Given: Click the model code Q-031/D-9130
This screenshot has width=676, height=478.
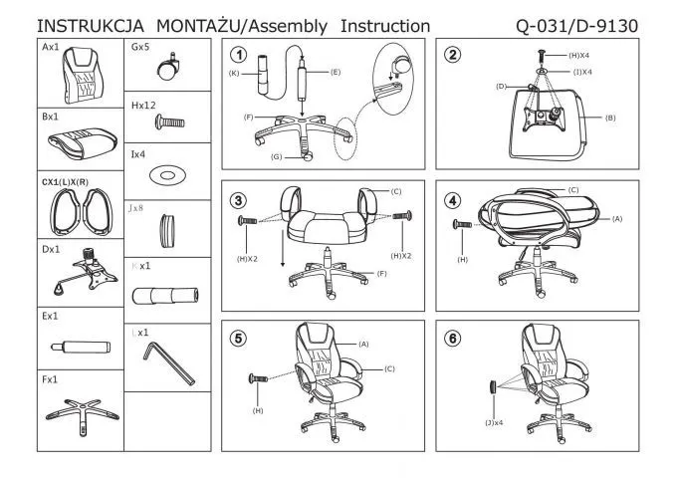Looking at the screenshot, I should (577, 24).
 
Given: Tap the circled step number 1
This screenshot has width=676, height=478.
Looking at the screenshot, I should (238, 55).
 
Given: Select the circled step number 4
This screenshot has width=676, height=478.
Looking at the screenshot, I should (454, 199).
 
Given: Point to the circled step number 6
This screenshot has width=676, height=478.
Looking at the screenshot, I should (454, 339).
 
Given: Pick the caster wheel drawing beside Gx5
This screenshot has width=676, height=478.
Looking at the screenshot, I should (166, 68).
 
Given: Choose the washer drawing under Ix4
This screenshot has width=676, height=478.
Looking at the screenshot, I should (166, 176).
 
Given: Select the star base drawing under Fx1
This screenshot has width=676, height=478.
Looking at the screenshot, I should (80, 412).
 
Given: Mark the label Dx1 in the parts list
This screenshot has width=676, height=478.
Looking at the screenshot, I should (51, 250).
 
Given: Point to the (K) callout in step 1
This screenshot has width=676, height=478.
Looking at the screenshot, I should (233, 73).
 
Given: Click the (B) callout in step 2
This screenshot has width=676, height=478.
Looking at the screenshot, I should (610, 118).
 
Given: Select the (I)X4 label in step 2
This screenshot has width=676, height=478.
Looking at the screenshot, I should (581, 72).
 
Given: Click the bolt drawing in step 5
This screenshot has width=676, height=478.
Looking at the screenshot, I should (258, 379).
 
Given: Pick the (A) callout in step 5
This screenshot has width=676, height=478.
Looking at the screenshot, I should (363, 344).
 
